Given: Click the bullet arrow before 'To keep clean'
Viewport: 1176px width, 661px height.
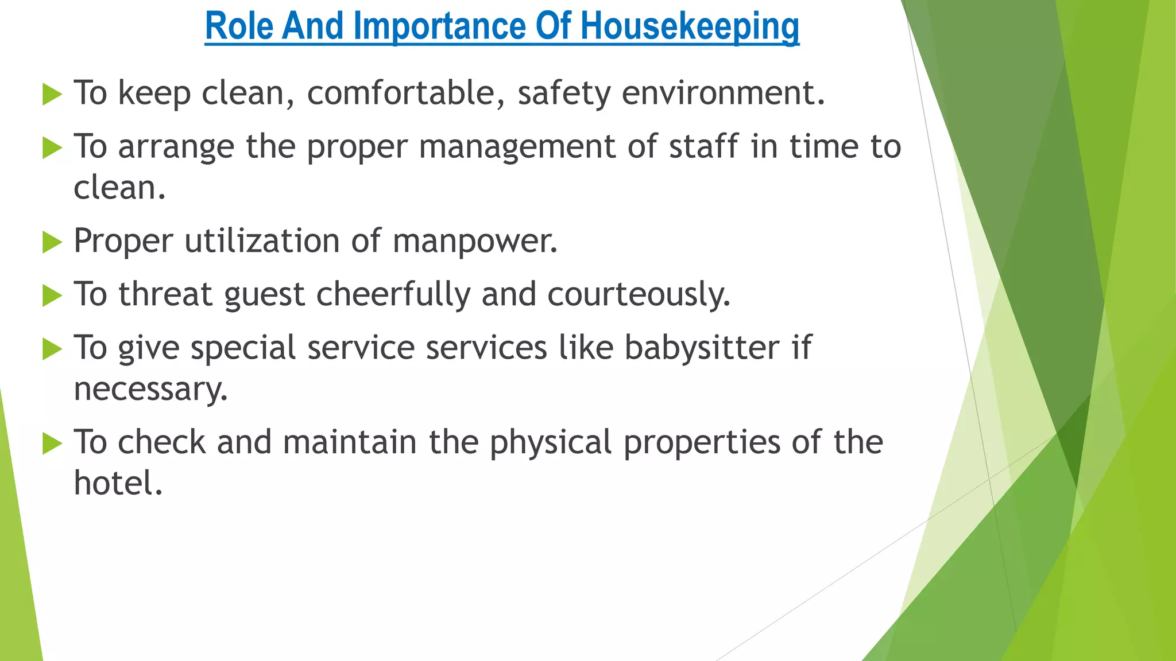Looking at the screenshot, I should (52, 94).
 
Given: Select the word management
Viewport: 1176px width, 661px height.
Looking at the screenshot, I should (517, 147).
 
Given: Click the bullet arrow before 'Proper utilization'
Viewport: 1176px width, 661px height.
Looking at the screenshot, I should (52, 242).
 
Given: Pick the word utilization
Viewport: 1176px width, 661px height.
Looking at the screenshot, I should (262, 240).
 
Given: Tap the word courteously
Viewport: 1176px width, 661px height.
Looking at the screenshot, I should (639, 294).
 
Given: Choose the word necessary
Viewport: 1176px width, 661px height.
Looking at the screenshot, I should (150, 390).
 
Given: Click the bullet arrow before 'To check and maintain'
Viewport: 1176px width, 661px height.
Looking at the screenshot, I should (52, 444).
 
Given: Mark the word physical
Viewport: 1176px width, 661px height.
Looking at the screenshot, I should (551, 443).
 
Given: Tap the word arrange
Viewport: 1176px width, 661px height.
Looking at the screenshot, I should (176, 147).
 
